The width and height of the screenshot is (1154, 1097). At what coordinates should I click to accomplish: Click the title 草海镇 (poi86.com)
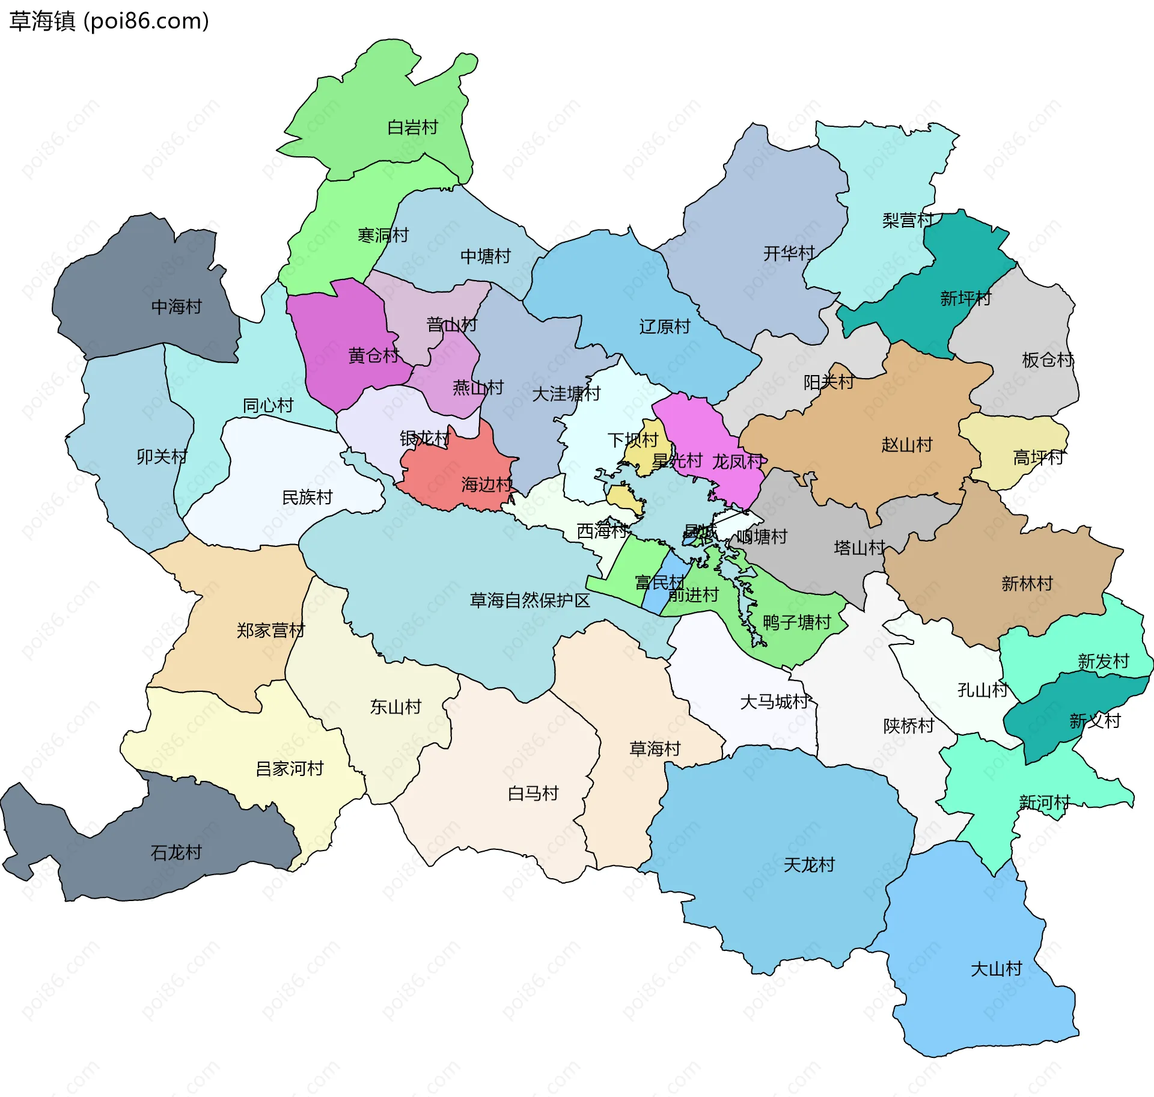coord(109,21)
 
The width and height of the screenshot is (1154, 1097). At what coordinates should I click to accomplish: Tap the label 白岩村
coord(412,127)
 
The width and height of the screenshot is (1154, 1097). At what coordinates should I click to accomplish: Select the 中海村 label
coord(176,307)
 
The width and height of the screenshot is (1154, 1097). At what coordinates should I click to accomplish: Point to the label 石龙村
coord(176,852)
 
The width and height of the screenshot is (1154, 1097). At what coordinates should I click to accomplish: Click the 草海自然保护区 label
coord(530,600)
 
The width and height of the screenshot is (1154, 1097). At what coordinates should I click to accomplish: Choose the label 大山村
coord(996,969)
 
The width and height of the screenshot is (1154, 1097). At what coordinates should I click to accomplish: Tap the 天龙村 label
coord(809,864)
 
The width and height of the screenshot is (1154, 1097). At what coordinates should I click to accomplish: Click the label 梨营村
coord(908,220)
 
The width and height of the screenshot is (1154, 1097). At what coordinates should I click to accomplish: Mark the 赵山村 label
coord(906,445)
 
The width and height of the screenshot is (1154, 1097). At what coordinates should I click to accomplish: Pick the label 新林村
coord(1027,583)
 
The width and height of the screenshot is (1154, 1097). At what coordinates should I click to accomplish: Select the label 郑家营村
coord(270,630)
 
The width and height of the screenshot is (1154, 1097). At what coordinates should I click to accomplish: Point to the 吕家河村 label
coord(289,768)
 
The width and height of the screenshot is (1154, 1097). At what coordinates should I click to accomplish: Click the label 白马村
coord(533,793)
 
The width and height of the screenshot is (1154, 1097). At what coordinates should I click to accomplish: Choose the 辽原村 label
coord(664,326)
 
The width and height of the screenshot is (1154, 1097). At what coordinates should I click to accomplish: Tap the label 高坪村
coord(1038,457)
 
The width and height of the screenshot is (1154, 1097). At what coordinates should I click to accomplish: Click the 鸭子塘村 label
coord(796,622)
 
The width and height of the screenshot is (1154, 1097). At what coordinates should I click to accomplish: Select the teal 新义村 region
coord(1058,715)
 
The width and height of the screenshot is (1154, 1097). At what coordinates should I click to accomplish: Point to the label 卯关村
coord(162,457)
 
